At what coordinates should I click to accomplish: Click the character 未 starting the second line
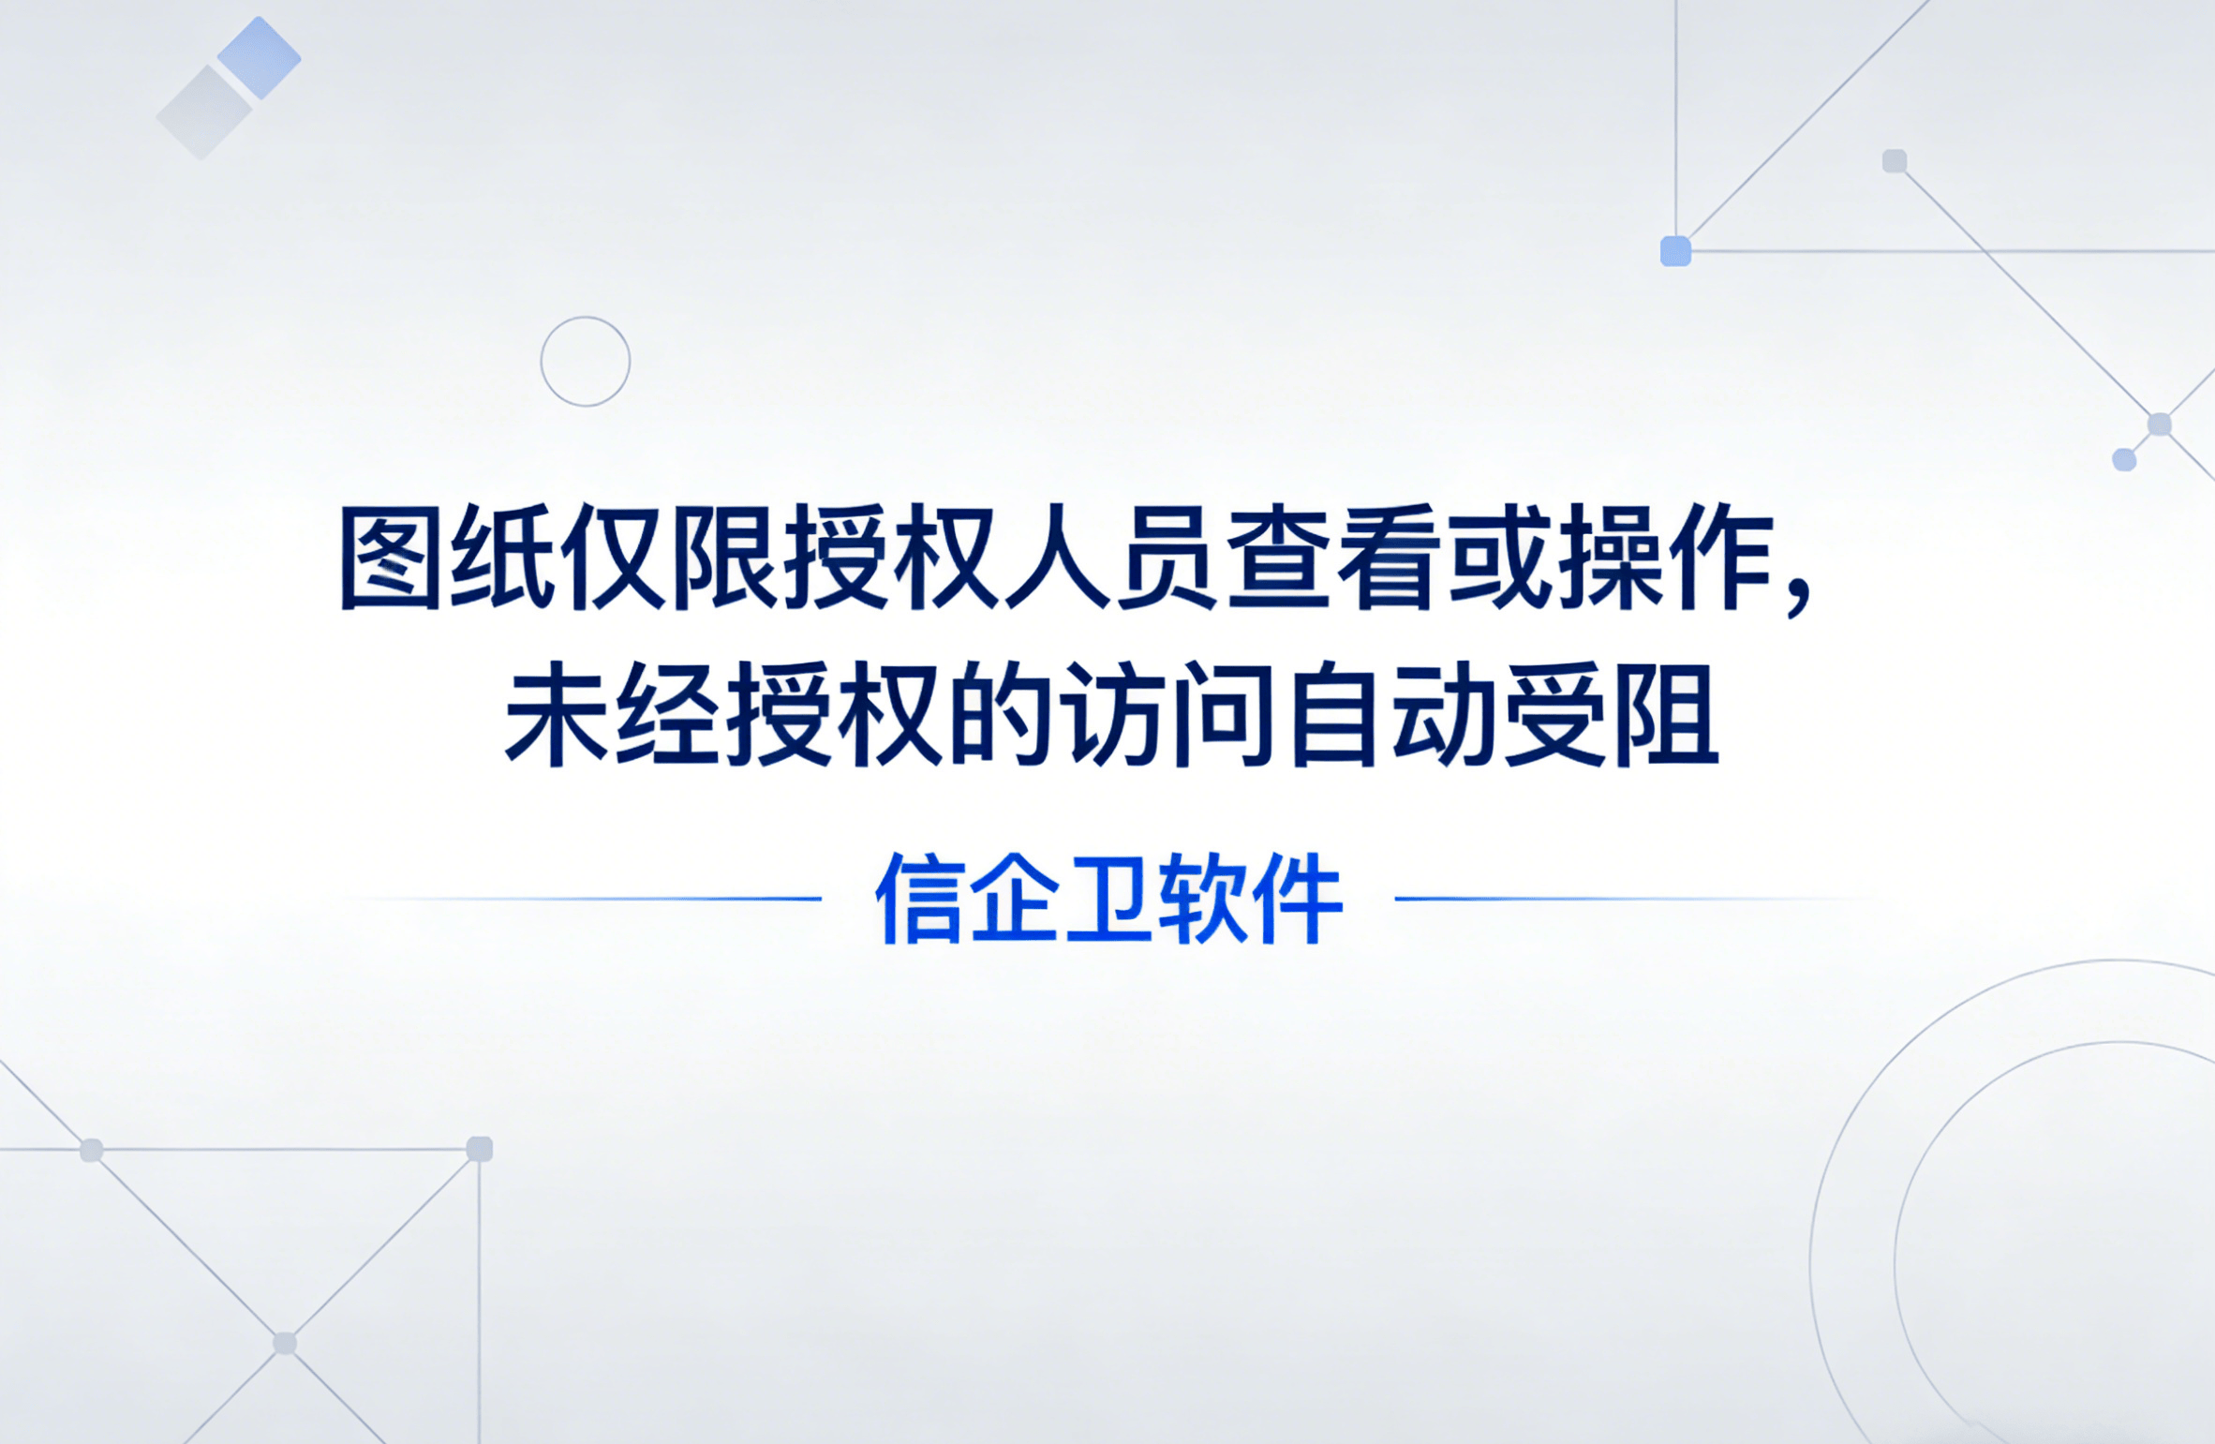tap(557, 714)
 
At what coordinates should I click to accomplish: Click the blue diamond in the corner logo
tap(260, 57)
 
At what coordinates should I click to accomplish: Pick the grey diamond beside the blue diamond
tap(203, 113)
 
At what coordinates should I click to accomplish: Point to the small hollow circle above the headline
tap(586, 361)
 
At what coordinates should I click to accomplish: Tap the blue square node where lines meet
tap(1675, 251)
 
